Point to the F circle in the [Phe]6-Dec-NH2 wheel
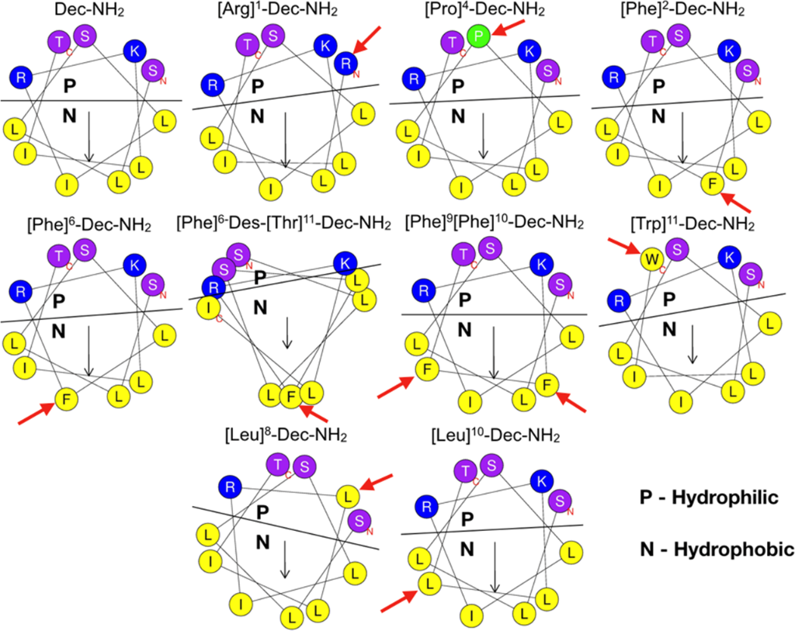(x=65, y=400)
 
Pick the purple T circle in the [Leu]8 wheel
(x=276, y=466)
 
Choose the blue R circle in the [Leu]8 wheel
(x=229, y=487)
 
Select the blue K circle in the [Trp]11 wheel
(x=727, y=255)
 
